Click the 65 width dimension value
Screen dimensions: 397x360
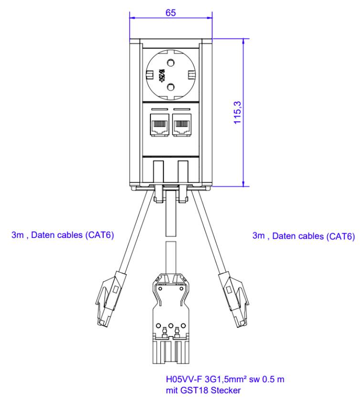(170, 13)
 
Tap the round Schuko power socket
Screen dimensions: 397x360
(170, 75)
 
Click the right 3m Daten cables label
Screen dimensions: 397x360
(303, 236)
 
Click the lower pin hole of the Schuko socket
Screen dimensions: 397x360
(170, 87)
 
